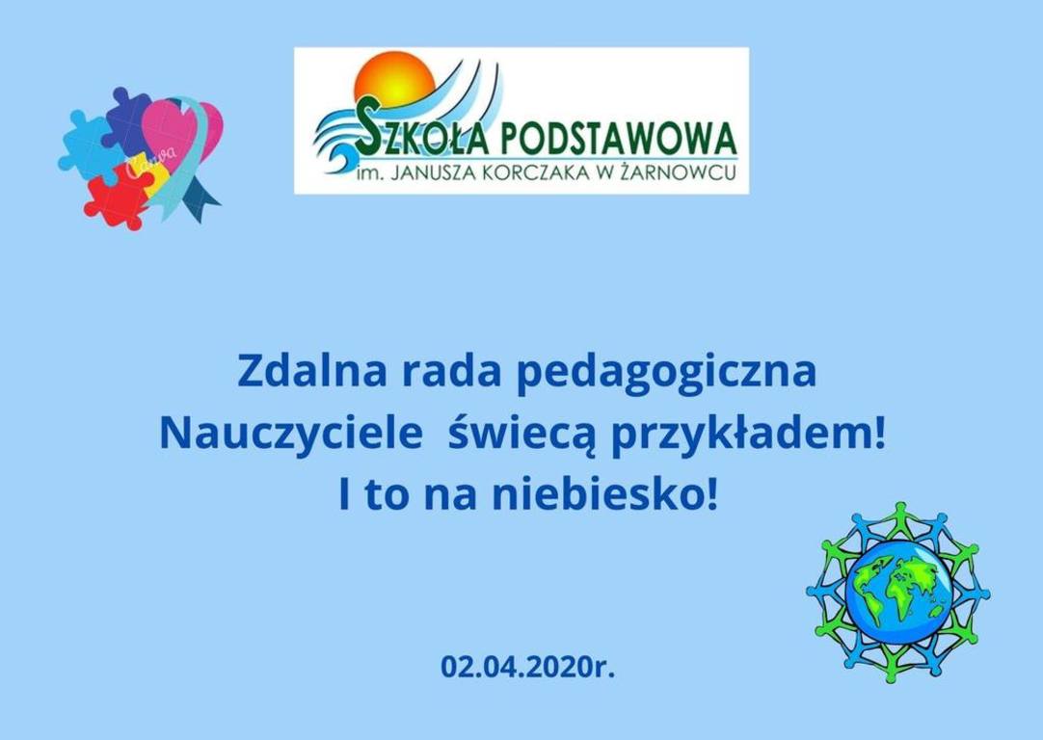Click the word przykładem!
coord(741,436)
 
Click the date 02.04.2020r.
coord(528,666)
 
